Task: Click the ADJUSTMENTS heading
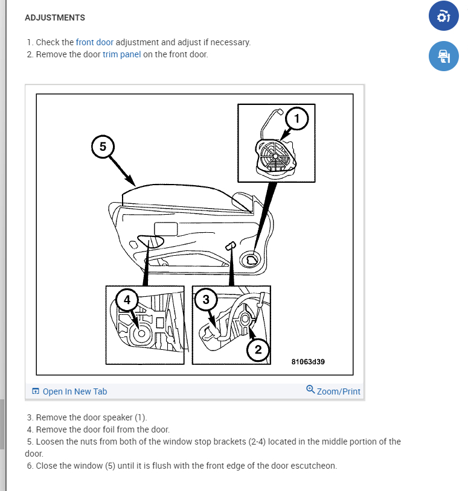(55, 17)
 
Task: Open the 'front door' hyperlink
(95, 42)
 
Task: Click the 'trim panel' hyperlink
(121, 54)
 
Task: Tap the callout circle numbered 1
(297, 118)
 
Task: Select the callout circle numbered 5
(103, 147)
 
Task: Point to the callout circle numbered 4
(127, 300)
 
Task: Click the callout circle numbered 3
(206, 299)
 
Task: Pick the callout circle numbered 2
(258, 349)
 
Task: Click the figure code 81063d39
(308, 362)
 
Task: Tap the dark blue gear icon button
(444, 16)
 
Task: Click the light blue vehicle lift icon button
(444, 56)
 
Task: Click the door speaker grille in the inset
(275, 156)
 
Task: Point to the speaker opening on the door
(251, 259)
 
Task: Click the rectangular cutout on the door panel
(166, 229)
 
